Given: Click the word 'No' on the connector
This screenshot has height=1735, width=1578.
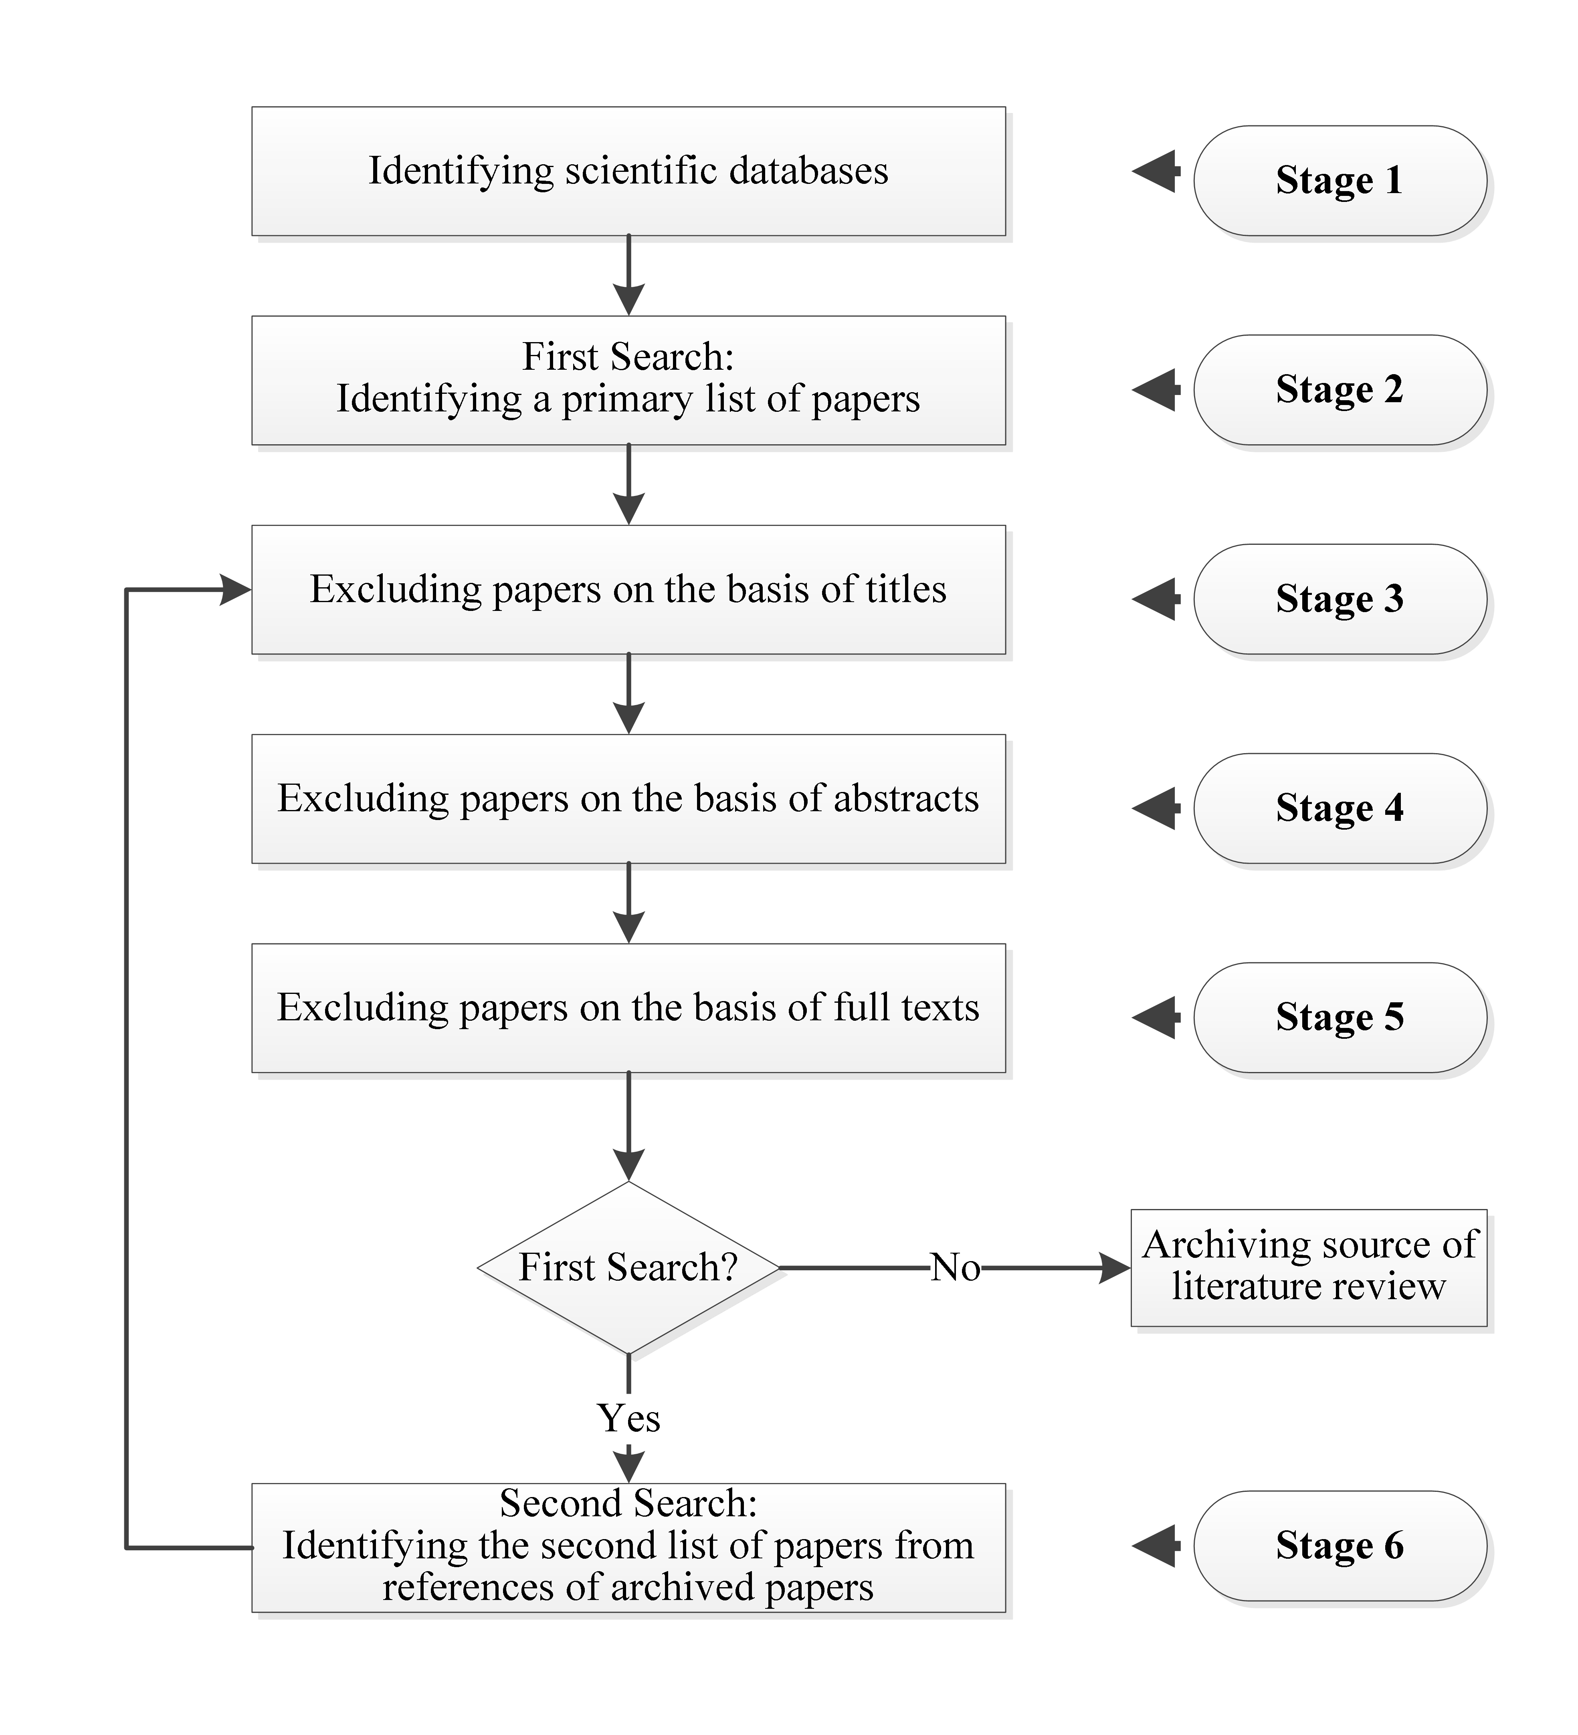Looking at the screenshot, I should (x=955, y=1267).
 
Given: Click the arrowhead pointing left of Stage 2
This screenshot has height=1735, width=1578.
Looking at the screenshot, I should (x=1155, y=390).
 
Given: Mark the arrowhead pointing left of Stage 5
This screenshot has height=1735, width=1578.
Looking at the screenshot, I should (x=1155, y=1017).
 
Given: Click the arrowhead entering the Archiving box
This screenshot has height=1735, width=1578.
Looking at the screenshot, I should (x=1116, y=1267).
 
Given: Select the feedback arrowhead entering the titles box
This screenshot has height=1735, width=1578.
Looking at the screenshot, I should (x=236, y=590).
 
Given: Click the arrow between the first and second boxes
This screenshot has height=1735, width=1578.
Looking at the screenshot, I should (x=628, y=275).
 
